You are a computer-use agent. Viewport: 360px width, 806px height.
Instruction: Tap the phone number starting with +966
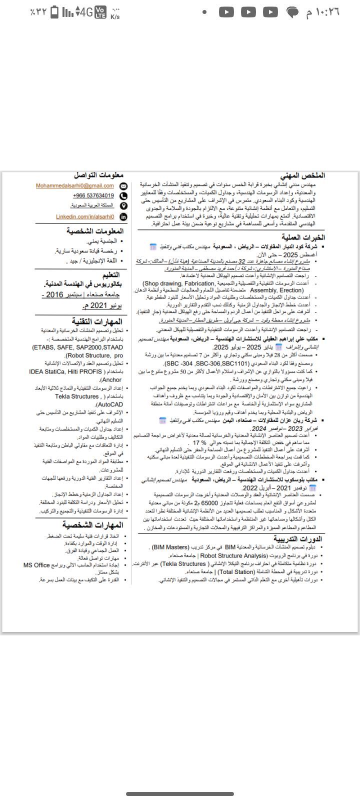(93, 196)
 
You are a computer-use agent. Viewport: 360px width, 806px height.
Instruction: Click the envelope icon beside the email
(124, 186)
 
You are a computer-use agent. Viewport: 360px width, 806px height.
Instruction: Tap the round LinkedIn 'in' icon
(123, 217)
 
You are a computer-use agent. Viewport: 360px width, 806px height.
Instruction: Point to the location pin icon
(123, 206)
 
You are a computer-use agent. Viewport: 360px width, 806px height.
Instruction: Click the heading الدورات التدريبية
(297, 538)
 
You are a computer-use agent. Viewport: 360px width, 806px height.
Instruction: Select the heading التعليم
(111, 274)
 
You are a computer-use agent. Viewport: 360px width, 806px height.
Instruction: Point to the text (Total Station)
(236, 571)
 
